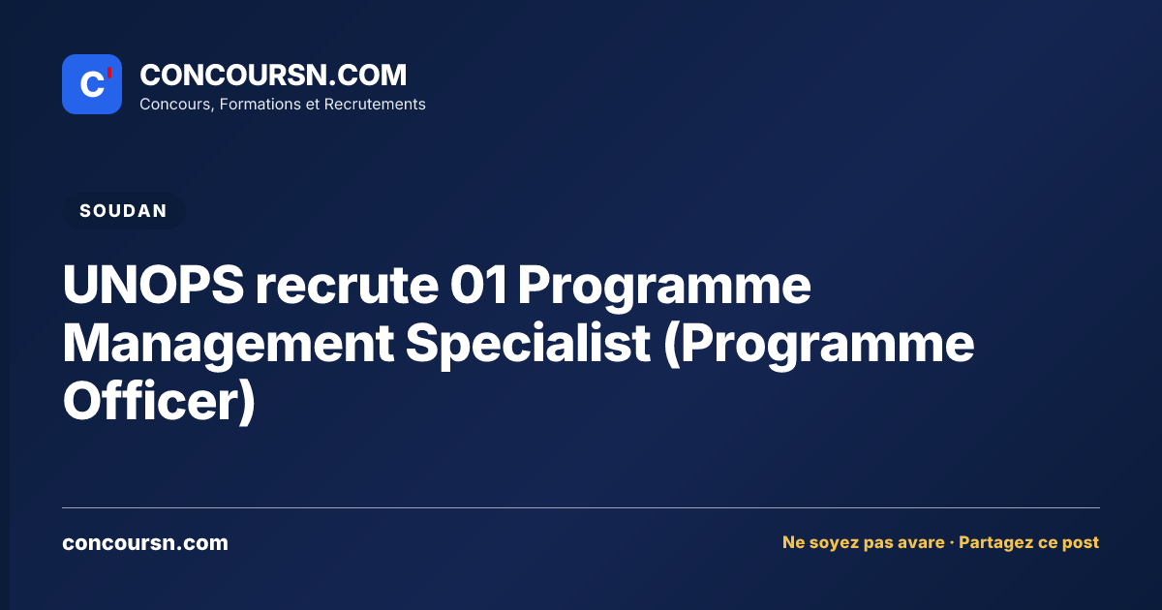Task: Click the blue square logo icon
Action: [92, 84]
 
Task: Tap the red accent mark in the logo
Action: [109, 73]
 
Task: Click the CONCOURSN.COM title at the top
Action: [273, 75]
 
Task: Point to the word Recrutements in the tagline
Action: [375, 105]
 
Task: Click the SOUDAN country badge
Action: [124, 211]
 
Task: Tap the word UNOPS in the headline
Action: [154, 285]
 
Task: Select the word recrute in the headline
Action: [347, 286]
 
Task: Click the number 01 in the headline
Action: [478, 285]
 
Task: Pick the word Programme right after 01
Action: [664, 288]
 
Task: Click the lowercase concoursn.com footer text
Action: [145, 543]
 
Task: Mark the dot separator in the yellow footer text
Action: [951, 543]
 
